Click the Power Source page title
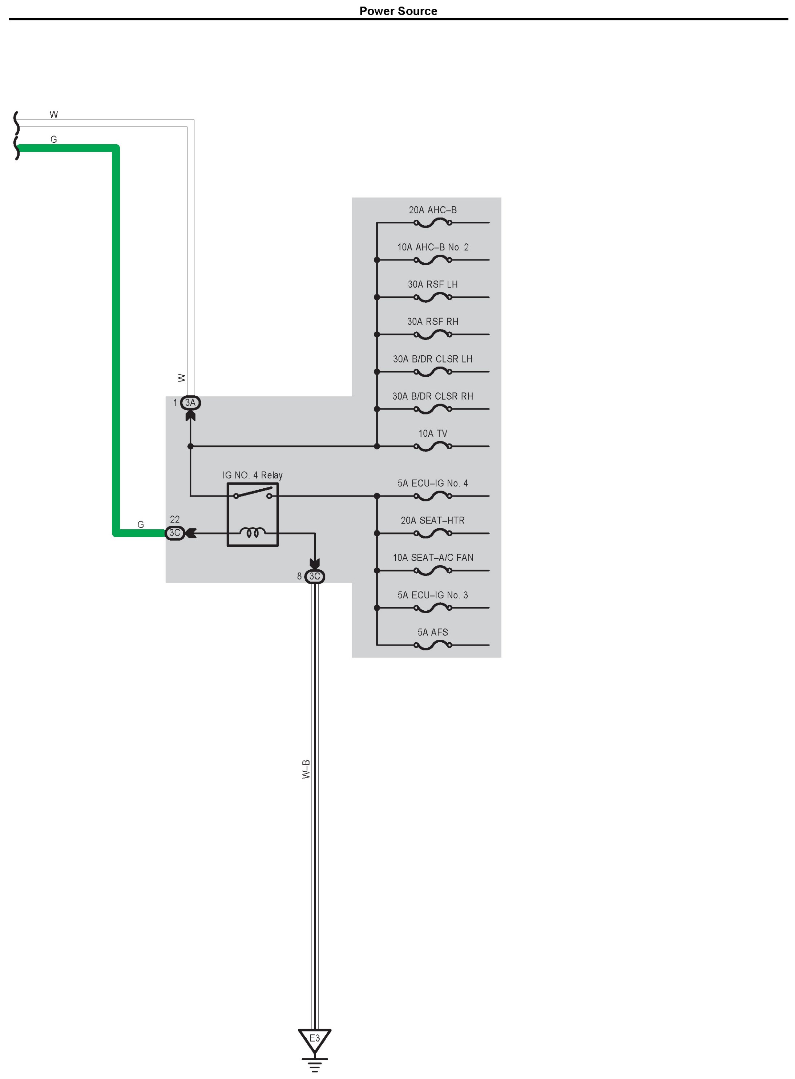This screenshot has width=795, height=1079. point(398,11)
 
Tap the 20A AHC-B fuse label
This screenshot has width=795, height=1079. point(433,210)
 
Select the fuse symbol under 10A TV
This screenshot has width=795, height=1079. point(433,446)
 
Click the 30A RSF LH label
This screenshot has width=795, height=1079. point(433,284)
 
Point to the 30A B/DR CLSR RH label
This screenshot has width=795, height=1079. point(433,396)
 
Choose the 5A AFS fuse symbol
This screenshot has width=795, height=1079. point(433,645)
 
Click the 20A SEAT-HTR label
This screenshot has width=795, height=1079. point(433,521)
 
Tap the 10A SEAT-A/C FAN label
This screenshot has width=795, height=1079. point(433,558)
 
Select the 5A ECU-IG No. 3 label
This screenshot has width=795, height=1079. point(433,595)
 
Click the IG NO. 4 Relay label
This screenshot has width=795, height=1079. point(252,475)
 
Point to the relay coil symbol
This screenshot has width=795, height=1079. point(253,533)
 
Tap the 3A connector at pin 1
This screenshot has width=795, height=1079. point(190,403)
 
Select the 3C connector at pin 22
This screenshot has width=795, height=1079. point(175,533)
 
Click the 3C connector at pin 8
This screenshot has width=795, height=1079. point(315,576)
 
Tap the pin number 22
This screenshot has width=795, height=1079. point(175,520)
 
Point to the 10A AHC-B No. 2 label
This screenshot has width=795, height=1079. point(433,247)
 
